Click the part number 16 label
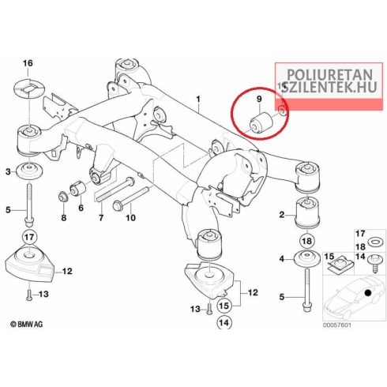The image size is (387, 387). [x=28, y=63]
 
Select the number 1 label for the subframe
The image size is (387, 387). [x=198, y=100]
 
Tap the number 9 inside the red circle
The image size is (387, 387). [x=259, y=99]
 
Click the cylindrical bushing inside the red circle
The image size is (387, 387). [x=260, y=122]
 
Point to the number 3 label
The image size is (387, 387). [x=9, y=172]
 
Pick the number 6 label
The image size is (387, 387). [x=81, y=208]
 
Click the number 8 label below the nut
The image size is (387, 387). [x=64, y=218]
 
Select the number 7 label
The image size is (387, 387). [x=101, y=218]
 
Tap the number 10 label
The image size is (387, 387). [x=130, y=218]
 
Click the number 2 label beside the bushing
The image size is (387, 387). [x=282, y=215]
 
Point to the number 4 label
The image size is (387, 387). [x=282, y=259]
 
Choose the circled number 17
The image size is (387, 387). [x=29, y=237]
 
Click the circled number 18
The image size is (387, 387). [x=307, y=241]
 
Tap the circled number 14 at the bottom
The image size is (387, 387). [x=224, y=322]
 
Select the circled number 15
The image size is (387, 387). [x=224, y=306]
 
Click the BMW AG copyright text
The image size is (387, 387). [x=26, y=324]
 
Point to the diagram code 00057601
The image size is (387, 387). [x=337, y=325]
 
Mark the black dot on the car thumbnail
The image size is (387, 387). [x=368, y=292]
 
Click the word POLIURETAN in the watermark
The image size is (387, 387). [x=329, y=75]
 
